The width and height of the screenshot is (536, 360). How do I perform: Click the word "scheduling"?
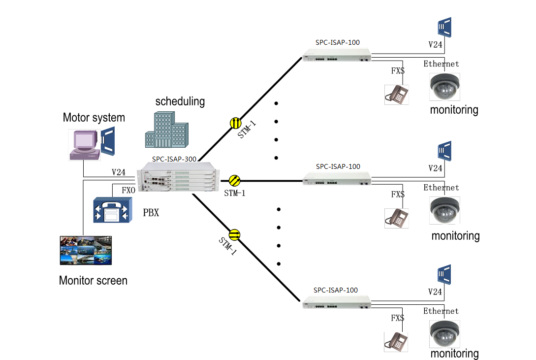[x=180, y=102]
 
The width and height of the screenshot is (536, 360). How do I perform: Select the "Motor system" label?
[x=94, y=118]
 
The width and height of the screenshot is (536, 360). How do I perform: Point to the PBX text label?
[x=151, y=213]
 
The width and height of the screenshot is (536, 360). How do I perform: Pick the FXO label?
[x=128, y=190]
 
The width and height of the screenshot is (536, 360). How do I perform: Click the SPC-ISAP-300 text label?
[x=174, y=159]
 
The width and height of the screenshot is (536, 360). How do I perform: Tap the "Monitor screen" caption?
[x=93, y=281]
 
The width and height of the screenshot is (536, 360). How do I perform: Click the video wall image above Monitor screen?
[x=86, y=251]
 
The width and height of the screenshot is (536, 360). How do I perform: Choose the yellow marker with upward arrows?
[x=236, y=122]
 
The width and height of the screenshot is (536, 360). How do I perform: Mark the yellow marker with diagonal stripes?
[x=235, y=180]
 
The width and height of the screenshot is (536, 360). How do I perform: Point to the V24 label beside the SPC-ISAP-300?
[x=118, y=172]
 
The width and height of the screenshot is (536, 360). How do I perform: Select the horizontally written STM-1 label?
[x=234, y=193]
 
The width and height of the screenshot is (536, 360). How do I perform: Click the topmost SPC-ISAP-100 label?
[x=338, y=42]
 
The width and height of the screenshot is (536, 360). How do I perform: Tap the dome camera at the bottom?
[x=444, y=334]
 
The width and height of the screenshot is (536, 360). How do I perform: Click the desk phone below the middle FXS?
[x=396, y=218]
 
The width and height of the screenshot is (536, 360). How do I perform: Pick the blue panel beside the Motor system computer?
[x=107, y=142]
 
